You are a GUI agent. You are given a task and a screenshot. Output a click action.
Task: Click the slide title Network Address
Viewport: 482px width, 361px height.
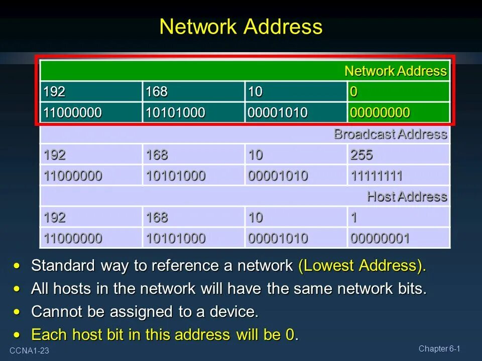(240, 27)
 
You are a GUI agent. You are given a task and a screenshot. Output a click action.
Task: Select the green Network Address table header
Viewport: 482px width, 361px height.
(395, 71)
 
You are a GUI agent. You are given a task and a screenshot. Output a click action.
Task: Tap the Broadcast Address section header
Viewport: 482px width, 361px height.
(390, 134)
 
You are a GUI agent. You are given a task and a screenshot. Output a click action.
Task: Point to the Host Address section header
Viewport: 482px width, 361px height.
(407, 197)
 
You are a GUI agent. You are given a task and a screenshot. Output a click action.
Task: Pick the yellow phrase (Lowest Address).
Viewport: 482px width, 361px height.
(361, 266)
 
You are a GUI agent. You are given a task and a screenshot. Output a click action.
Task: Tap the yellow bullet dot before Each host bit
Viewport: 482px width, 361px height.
(19, 334)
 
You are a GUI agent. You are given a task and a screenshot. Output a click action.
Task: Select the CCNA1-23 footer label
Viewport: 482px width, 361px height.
(29, 351)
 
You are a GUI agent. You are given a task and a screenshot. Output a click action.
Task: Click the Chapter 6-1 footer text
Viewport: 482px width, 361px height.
(439, 349)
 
